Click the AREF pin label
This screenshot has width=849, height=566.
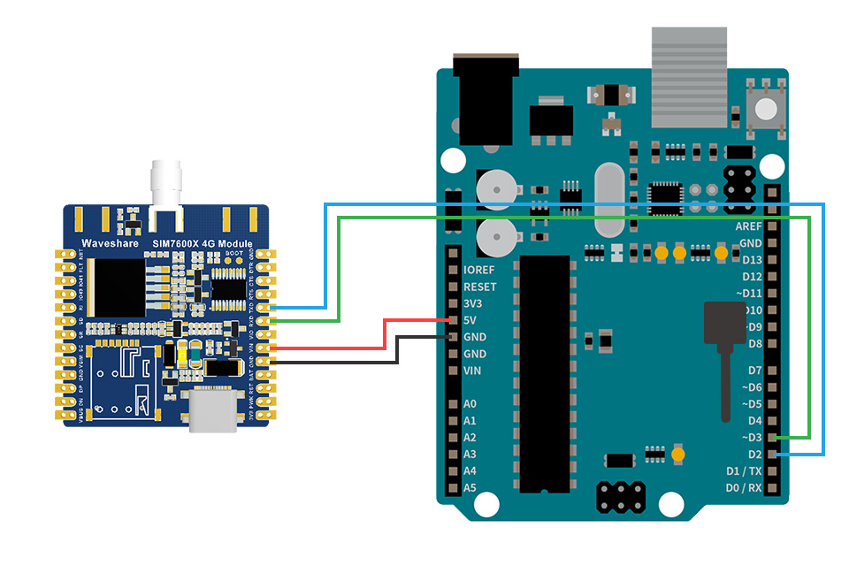pos(748,226)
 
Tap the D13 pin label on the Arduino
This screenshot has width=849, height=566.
pos(752,260)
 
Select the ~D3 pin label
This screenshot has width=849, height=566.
pos(750,438)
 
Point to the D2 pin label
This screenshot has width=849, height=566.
pos(754,455)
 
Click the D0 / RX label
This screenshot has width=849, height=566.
pos(743,488)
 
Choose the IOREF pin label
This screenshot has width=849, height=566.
pos(478,270)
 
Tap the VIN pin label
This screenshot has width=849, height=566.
pos(473,371)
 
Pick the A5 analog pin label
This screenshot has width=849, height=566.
pos(470,487)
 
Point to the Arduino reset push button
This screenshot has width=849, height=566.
pos(765,109)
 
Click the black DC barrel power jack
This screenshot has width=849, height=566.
pos(485,97)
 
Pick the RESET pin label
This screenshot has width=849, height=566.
pos(479,287)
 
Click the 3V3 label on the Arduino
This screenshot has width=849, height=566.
pos(473,303)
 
